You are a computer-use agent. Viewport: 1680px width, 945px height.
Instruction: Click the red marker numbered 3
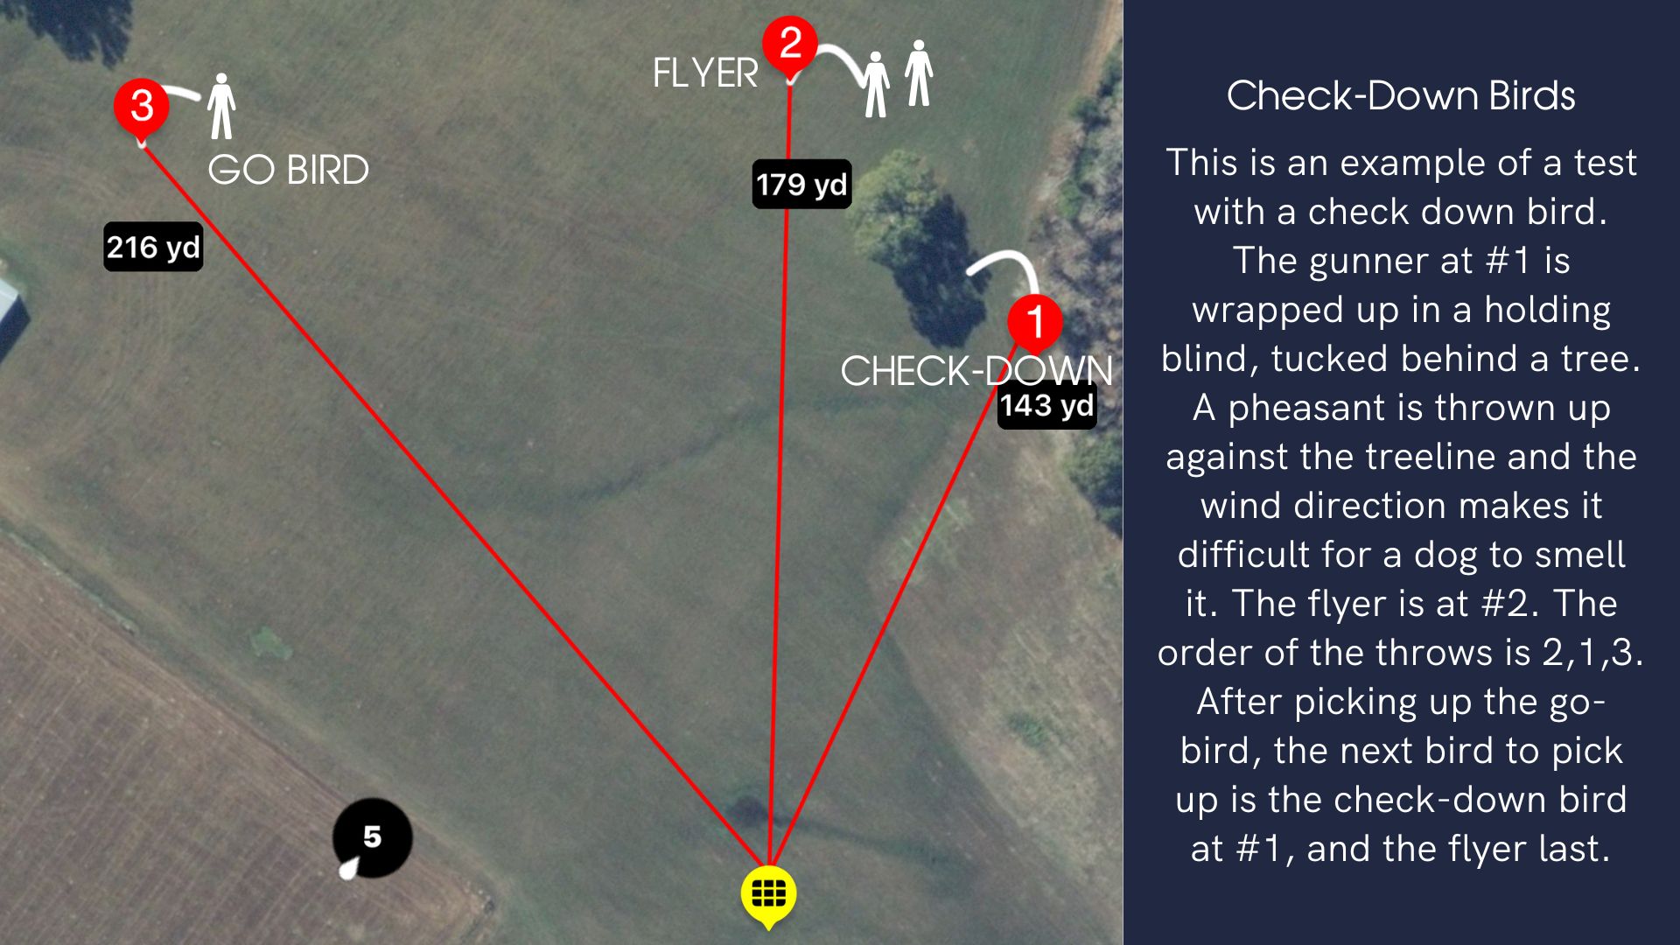(x=142, y=106)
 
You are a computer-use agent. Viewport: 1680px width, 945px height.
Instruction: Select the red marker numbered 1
(x=1034, y=321)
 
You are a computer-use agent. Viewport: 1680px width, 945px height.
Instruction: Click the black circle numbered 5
(x=373, y=837)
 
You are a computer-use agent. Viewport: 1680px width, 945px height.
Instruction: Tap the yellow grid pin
(x=768, y=894)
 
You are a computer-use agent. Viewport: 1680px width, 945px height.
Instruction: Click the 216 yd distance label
(x=153, y=248)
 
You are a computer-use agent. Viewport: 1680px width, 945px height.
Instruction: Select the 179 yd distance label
(x=801, y=185)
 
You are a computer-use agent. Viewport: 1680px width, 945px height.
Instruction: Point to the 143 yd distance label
(x=1046, y=405)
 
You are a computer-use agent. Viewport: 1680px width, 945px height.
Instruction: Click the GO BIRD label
(x=288, y=170)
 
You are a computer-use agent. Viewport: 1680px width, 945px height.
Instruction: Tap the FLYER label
(x=705, y=73)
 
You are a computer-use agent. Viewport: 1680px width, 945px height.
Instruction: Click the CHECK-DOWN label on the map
(x=976, y=371)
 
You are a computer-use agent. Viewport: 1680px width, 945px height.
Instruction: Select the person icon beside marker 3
(x=221, y=106)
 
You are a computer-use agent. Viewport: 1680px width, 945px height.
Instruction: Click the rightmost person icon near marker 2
(x=918, y=73)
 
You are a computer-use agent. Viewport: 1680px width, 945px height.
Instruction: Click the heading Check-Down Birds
(x=1400, y=95)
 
